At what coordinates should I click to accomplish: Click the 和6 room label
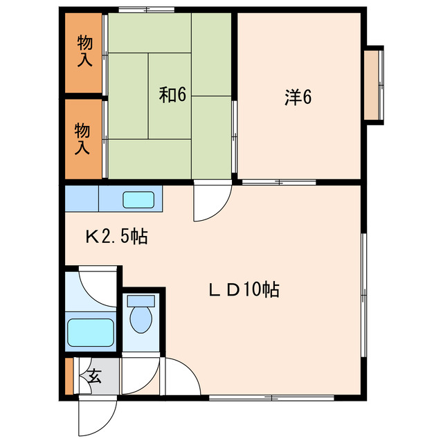pos(173,95)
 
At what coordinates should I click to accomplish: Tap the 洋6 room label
pos(298,98)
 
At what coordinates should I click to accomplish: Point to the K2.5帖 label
pos(116,237)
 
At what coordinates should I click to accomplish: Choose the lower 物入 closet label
pos(83,138)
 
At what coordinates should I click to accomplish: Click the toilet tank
pos(141,302)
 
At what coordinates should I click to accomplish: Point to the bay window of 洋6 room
pos(374,86)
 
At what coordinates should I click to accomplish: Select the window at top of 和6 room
pos(145,9)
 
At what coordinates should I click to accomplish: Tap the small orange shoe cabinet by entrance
pos(69,377)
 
